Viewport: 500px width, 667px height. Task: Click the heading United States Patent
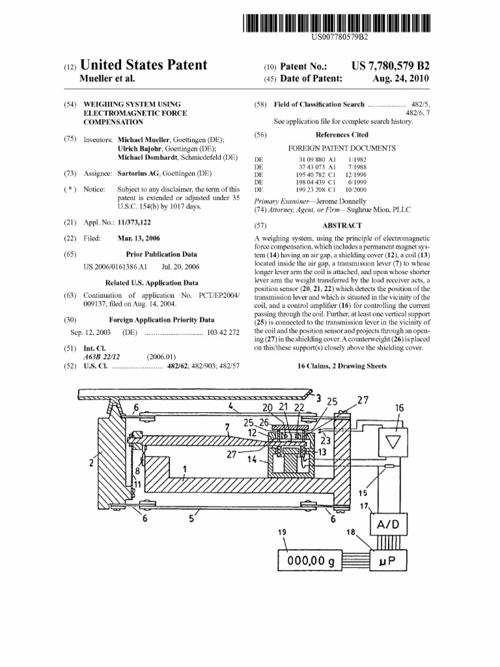point(143,65)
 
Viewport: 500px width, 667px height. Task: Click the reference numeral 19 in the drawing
point(282,532)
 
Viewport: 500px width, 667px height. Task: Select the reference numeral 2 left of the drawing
point(92,464)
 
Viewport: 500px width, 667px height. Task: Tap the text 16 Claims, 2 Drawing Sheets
point(342,366)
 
